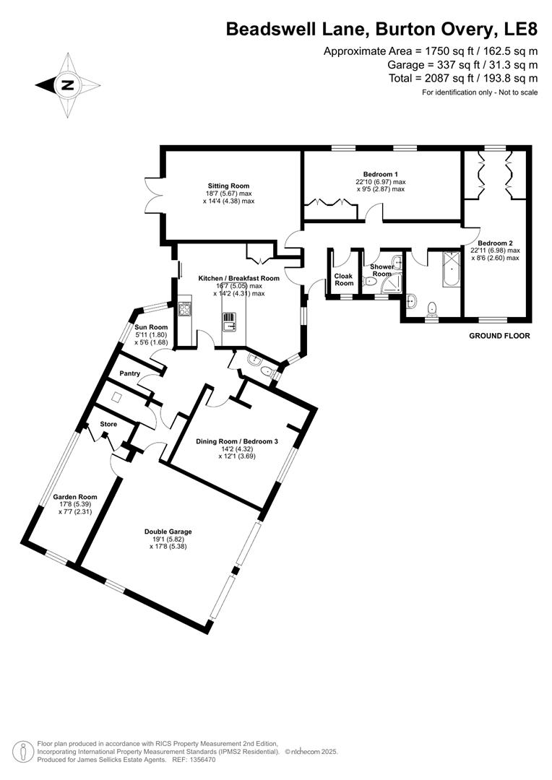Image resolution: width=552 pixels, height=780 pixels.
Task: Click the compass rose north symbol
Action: [x=67, y=84]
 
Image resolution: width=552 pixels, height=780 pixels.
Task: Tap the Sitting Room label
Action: [x=229, y=186]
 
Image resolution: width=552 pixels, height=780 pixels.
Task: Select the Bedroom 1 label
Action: [x=380, y=174]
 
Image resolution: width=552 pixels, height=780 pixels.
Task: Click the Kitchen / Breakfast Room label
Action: [x=238, y=278]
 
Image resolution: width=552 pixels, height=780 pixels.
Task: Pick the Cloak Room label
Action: [x=344, y=279]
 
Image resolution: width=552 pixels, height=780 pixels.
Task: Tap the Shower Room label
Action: [x=381, y=270]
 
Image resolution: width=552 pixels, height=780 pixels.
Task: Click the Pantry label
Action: [x=130, y=373]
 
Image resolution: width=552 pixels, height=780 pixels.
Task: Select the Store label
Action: [x=108, y=424]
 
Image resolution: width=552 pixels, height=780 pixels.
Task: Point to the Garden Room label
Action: [x=75, y=497]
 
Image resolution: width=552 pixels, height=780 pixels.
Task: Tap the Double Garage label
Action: [x=168, y=532]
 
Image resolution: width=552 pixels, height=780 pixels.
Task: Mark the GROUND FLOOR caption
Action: [x=499, y=336]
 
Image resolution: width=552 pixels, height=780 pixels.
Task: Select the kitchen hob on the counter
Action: [x=184, y=309]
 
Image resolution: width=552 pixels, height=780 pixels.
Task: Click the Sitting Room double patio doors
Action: [x=153, y=193]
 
